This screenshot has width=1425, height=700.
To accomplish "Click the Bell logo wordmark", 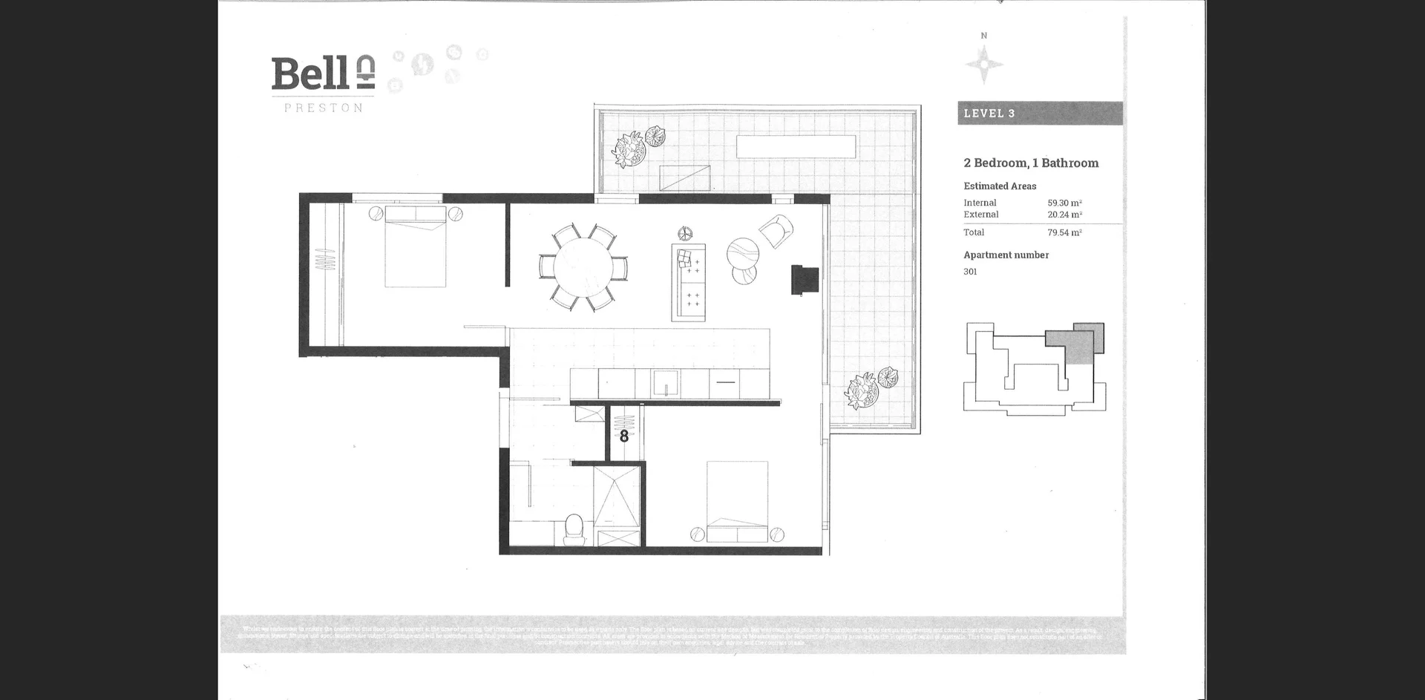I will tap(309, 73).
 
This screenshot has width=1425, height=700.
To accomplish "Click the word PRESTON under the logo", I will tap(324, 108).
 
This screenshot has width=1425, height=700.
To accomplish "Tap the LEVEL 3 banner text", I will tap(989, 114).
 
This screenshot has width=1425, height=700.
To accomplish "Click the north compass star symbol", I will tap(984, 64).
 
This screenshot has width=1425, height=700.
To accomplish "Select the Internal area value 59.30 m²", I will tap(1064, 203).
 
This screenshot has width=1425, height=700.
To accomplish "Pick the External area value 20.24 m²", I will tap(1064, 215).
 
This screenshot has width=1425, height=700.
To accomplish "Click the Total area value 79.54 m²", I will tap(1064, 232).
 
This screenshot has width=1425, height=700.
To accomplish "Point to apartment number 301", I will tap(970, 272).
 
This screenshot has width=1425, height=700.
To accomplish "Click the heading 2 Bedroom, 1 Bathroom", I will tap(1031, 163).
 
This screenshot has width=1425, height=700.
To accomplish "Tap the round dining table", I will tap(583, 267).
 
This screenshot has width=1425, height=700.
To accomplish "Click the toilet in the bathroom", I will tap(574, 529).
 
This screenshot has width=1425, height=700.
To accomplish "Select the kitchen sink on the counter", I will tap(666, 384).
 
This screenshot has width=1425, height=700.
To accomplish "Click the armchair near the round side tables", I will tap(775, 231).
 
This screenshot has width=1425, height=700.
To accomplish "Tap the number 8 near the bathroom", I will tap(624, 436).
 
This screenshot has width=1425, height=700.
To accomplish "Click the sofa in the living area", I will tap(689, 282).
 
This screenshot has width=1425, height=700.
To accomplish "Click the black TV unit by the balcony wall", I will tap(805, 280).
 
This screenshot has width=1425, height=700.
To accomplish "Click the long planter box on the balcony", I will tap(796, 146).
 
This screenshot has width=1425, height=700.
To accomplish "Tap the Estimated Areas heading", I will tap(1000, 186).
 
